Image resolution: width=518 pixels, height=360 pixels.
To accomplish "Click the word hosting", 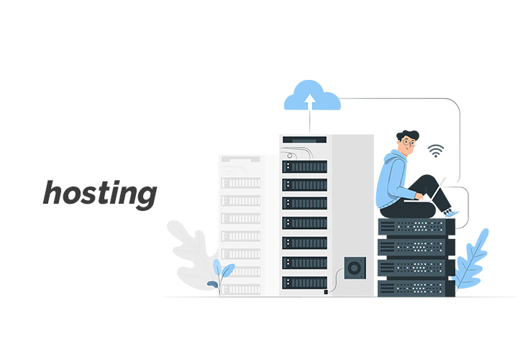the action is pyautogui.click(x=100, y=195).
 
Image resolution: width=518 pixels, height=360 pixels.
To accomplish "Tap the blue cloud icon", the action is pyautogui.click(x=312, y=95).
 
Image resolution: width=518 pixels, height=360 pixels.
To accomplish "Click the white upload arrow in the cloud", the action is pyautogui.click(x=309, y=102).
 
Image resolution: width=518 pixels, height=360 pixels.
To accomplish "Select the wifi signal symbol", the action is pyautogui.click(x=436, y=150).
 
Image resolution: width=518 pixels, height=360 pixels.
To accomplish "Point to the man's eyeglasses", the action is pyautogui.click(x=409, y=143).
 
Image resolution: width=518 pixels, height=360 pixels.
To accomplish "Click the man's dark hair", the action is pyautogui.click(x=408, y=135).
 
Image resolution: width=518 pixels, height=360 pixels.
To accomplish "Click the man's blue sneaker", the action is pyautogui.click(x=451, y=214).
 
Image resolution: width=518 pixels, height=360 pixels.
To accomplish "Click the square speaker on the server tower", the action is pyautogui.click(x=355, y=268).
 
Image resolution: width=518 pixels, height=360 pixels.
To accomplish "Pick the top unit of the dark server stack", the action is pyautogui.click(x=417, y=227).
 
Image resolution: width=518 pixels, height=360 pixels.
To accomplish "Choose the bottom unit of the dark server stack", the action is pyautogui.click(x=417, y=288).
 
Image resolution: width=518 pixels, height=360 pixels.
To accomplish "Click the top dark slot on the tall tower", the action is pyautogui.click(x=304, y=140).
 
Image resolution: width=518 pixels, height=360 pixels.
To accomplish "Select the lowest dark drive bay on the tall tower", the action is pyautogui.click(x=304, y=283).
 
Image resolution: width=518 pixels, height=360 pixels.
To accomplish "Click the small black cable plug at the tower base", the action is pyautogui.click(x=326, y=292).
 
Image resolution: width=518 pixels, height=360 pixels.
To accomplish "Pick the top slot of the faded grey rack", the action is pyautogui.click(x=240, y=159).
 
